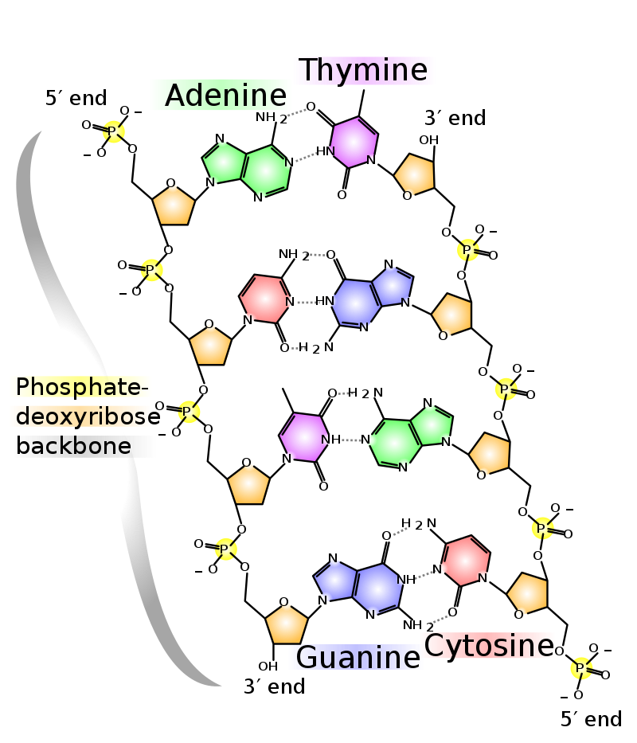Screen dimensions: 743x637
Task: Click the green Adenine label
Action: coord(221,96)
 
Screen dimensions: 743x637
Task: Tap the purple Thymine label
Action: coord(364,71)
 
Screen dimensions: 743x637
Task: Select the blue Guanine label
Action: coord(355,657)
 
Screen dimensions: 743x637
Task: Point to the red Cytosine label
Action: coord(487,645)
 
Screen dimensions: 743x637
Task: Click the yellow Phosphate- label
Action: coord(80,387)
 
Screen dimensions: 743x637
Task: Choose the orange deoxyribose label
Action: coord(80,416)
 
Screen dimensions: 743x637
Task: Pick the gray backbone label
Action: coord(84,446)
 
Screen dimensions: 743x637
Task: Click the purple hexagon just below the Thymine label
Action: coord(353,143)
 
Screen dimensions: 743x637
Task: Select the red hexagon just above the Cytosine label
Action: coord(465,561)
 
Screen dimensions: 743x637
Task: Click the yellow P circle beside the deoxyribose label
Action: coord(189,412)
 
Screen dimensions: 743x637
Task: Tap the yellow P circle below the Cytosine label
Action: coord(581,668)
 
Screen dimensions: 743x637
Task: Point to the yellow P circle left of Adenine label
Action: coord(114,132)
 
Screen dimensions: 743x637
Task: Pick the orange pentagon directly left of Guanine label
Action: coord(286,624)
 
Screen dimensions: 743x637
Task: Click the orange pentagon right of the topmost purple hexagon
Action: coord(415,174)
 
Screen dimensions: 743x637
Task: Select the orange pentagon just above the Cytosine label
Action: coord(528,593)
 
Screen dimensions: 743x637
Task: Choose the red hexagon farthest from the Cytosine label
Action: coord(265,299)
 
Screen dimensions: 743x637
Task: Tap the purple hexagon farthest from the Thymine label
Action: coord(303,437)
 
